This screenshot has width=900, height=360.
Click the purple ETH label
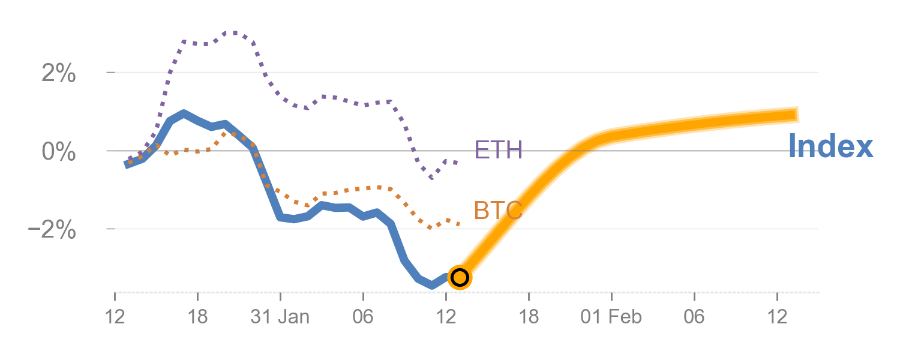pos(498,150)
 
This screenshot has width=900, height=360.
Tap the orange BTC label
pos(498,211)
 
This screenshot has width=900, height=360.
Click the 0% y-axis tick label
pos(58,151)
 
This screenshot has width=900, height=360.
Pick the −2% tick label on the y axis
pos(52,230)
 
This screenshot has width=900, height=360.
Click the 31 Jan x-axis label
pos(280,317)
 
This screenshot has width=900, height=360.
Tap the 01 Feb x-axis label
pos(611,317)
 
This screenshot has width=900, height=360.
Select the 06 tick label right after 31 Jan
pos(363,317)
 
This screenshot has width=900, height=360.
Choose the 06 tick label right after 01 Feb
pos(694,317)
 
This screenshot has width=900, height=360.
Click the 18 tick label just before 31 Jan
pos(197,317)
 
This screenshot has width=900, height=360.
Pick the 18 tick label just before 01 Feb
pos(529,317)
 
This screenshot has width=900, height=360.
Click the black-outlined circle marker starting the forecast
pos(460,277)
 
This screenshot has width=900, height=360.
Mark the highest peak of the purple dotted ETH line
pos(233,32)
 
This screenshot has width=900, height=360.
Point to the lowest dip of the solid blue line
pos(431,286)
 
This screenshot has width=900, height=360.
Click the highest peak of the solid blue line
pos(184,113)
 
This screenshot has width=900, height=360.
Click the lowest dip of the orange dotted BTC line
pos(430,228)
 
